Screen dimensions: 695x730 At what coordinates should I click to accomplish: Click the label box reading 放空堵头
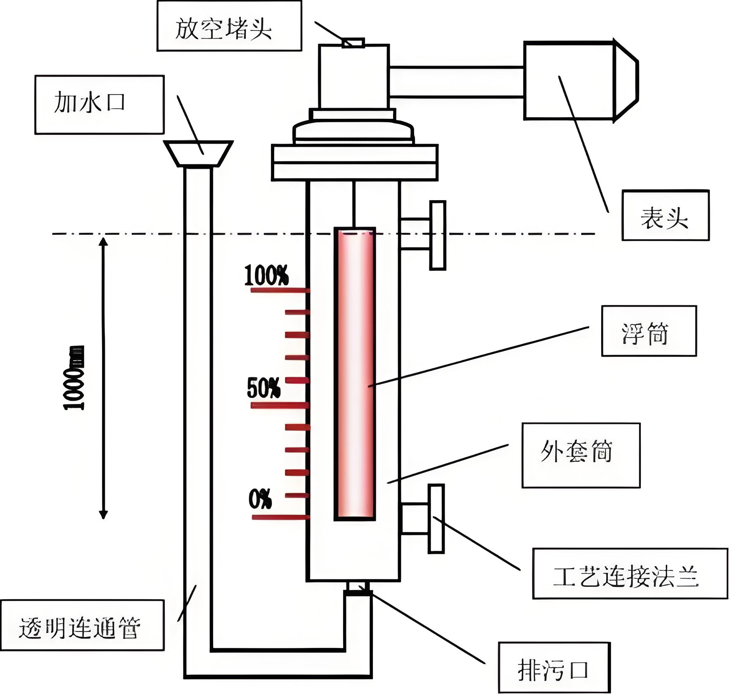[229, 26]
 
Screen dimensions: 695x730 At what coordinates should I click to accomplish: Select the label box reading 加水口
[99, 104]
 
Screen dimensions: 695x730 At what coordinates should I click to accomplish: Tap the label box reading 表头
[665, 215]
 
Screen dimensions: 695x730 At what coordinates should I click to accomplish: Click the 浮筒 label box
[649, 331]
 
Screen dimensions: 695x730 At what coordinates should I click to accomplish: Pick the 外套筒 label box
[581, 455]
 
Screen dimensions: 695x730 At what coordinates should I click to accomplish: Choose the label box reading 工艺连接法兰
[630, 573]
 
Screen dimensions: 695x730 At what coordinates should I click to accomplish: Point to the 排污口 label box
[554, 667]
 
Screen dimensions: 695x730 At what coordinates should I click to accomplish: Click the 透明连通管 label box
[82, 625]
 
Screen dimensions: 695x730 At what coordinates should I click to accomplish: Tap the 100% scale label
[266, 275]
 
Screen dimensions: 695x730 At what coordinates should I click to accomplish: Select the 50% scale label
[263, 388]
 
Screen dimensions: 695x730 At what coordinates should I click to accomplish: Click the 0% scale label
[260, 499]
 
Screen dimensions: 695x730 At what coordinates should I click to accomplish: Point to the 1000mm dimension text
[74, 378]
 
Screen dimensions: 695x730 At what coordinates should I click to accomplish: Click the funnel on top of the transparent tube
[198, 153]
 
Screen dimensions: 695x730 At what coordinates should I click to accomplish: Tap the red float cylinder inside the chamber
[355, 374]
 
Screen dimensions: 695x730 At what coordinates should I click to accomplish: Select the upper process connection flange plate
[438, 235]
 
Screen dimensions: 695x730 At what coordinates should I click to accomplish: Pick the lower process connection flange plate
[436, 518]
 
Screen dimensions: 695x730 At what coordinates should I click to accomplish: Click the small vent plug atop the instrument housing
[353, 43]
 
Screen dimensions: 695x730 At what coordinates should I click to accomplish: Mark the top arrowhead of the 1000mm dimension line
[103, 241]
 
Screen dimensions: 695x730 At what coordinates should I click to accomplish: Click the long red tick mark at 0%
[280, 517]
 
